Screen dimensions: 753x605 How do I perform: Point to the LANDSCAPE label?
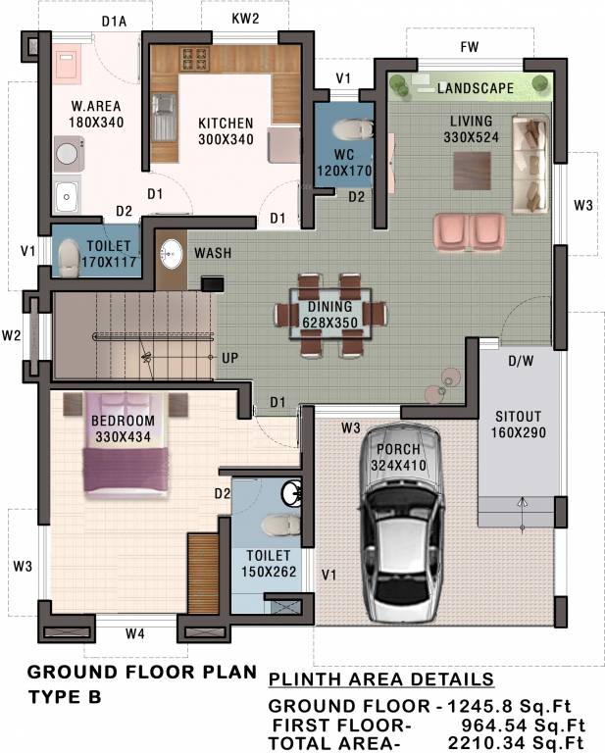click(x=476, y=88)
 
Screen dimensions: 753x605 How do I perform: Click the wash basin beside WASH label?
click(x=172, y=253)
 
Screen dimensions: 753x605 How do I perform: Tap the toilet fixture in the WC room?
click(x=350, y=129)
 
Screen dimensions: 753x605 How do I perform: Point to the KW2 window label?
click(x=244, y=19)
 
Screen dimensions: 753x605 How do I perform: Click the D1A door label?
click(x=116, y=19)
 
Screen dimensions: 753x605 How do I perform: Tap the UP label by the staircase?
click(x=229, y=358)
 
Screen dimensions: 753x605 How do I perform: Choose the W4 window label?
click(x=135, y=633)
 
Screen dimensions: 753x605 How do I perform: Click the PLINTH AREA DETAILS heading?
click(x=381, y=679)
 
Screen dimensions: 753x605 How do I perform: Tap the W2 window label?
click(x=12, y=335)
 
